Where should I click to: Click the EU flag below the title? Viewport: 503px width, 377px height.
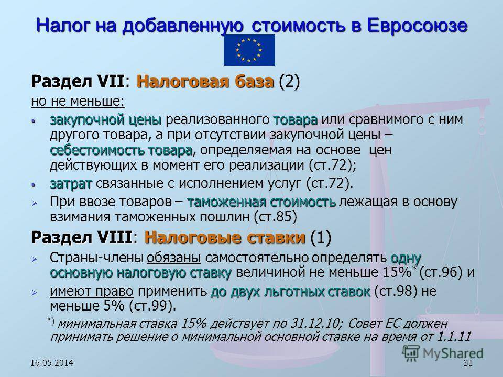point(249,50)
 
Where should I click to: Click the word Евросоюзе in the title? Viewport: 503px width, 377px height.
point(417,26)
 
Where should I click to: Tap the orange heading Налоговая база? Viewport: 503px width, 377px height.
point(205,82)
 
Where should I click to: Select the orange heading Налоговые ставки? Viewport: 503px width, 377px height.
point(225,238)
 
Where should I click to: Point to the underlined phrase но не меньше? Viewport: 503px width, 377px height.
point(78,101)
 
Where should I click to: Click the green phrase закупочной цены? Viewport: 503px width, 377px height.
point(105,120)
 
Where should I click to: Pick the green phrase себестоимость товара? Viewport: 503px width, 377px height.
point(121,150)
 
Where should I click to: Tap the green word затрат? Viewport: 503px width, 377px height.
point(71,184)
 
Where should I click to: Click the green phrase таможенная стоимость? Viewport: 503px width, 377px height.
point(261,202)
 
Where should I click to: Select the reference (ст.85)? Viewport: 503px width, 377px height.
point(275,217)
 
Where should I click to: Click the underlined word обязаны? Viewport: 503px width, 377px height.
point(174,258)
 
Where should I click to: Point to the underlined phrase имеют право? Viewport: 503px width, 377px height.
point(91,291)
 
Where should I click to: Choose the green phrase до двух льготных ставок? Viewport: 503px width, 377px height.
point(290,292)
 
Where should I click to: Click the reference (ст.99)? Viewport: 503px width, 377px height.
point(152,306)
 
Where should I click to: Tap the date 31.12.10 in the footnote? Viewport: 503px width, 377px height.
point(315,323)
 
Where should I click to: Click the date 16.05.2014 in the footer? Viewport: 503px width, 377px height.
point(52,363)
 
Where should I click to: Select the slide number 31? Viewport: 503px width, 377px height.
point(468,363)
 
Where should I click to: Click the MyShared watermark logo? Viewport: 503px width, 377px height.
point(442,354)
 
